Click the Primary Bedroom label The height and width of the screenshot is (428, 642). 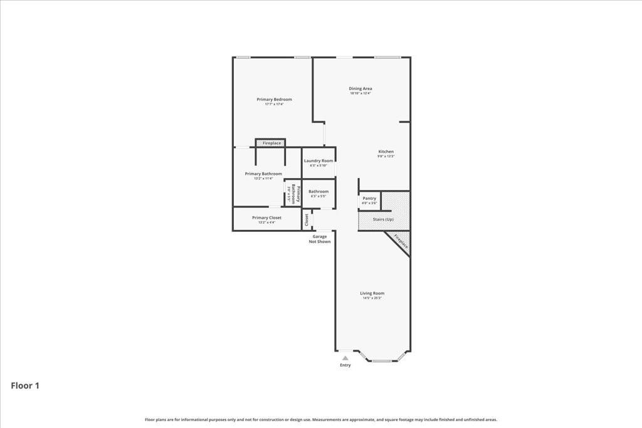274,100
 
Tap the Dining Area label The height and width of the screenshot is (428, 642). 360,89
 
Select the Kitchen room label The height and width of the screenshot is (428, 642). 386,152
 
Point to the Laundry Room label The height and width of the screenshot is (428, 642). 318,161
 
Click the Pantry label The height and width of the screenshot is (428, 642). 369,199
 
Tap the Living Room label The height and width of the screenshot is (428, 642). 372,293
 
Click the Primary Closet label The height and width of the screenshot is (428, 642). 266,218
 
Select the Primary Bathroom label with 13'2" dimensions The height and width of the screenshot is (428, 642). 263,174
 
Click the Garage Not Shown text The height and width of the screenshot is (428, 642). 320,239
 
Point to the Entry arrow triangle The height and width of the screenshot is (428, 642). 345,358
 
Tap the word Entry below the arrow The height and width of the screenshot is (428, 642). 345,365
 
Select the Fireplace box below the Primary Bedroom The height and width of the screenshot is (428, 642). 271,144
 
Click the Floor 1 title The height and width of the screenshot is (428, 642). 25,386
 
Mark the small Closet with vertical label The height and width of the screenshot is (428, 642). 307,220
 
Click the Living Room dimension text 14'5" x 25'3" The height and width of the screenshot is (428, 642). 372,298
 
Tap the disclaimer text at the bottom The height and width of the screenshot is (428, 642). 321,420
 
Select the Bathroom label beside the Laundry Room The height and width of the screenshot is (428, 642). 318,192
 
